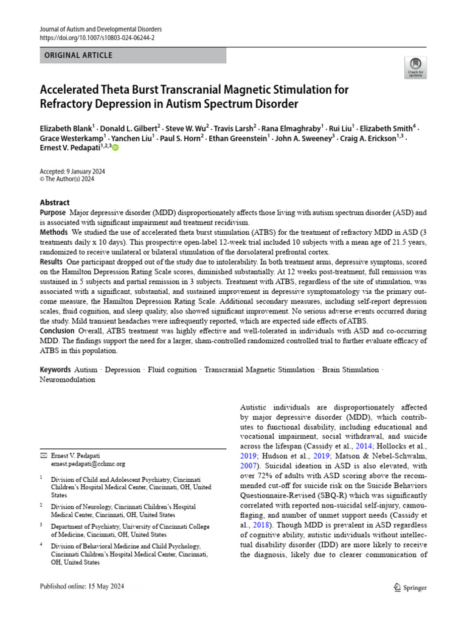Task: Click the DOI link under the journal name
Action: [97, 38]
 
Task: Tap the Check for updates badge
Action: [415, 67]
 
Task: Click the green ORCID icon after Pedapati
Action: [116, 148]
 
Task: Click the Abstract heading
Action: [55, 202]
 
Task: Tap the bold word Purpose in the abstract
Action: [53, 212]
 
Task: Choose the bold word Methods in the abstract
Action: [54, 232]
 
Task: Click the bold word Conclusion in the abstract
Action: [57, 330]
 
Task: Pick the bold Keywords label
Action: [55, 370]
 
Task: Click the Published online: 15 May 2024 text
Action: [83, 586]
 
